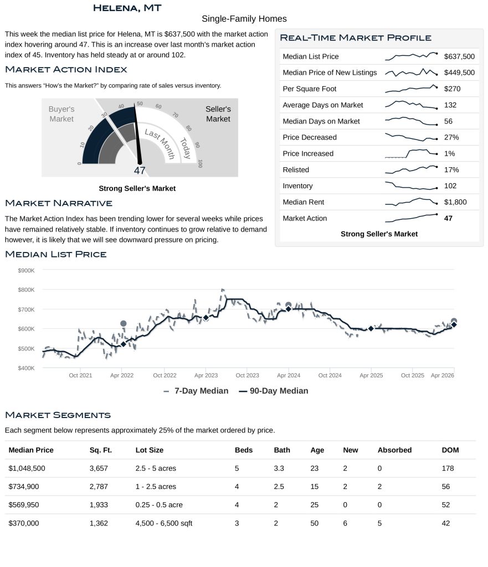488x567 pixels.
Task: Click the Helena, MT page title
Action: [127, 8]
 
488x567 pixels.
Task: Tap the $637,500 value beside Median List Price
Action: [459, 56]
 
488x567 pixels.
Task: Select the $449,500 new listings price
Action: [459, 73]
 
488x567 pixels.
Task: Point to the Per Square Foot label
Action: [309, 89]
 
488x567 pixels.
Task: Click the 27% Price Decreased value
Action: [451, 137]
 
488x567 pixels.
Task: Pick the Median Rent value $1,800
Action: [455, 202]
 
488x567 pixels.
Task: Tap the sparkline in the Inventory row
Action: [411, 186]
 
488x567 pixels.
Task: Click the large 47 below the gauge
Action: [139, 171]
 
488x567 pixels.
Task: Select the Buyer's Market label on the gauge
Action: [61, 114]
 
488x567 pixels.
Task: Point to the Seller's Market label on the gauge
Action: [218, 114]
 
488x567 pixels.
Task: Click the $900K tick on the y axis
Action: [27, 270]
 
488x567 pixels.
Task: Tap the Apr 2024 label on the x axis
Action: [288, 375]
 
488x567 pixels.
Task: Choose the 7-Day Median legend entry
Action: [196, 391]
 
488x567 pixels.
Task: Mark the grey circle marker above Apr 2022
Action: [124, 323]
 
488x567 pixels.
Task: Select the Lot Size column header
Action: [149, 450]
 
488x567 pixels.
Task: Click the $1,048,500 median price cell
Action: [27, 468]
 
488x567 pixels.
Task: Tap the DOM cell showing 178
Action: [448, 468]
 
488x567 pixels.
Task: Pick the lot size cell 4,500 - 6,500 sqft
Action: [164, 523]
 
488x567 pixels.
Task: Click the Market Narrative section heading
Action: [58, 203]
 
